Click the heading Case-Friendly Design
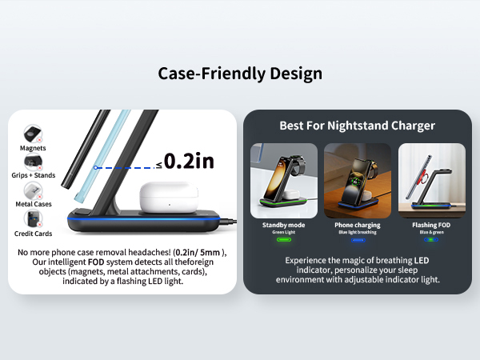tap(240, 74)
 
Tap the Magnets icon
tap(34, 132)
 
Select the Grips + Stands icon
tap(34, 162)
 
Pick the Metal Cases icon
tap(34, 190)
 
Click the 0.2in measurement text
tap(190, 161)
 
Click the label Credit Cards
tap(34, 234)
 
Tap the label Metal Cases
tap(34, 205)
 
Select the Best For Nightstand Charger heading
tap(357, 126)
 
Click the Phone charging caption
tap(358, 226)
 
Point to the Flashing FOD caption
tap(431, 226)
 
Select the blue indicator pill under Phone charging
tap(358, 239)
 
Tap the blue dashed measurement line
tap(124, 167)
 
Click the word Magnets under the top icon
tap(34, 148)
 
